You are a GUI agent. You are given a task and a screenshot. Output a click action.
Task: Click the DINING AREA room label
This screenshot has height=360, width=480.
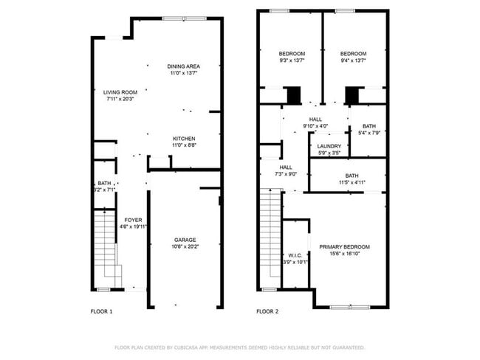point(184,66)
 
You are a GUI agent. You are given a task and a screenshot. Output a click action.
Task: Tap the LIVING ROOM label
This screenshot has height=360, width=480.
point(120,92)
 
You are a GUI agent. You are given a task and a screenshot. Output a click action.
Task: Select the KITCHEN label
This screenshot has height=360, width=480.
point(184,139)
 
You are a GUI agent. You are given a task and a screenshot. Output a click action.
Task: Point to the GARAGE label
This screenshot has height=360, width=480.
point(185,240)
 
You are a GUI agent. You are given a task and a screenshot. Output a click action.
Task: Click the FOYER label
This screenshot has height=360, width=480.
point(133,220)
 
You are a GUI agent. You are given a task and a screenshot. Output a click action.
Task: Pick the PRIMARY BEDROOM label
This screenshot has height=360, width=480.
point(344,246)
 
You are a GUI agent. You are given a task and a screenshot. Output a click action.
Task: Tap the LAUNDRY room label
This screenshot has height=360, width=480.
point(329,146)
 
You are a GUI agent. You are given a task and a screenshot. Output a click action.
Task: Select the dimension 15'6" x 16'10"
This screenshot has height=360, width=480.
point(344,254)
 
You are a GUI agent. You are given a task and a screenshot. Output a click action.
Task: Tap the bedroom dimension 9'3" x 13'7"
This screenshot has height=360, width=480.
point(291,61)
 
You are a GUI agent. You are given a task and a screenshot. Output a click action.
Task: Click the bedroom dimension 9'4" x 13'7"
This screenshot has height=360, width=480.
point(353,61)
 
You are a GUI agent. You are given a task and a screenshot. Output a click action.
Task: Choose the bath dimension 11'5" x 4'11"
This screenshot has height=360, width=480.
point(351,182)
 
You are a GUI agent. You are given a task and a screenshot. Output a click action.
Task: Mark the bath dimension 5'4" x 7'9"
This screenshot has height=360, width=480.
point(368,134)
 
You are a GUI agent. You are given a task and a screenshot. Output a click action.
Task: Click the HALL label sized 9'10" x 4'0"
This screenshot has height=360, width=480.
point(315,126)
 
